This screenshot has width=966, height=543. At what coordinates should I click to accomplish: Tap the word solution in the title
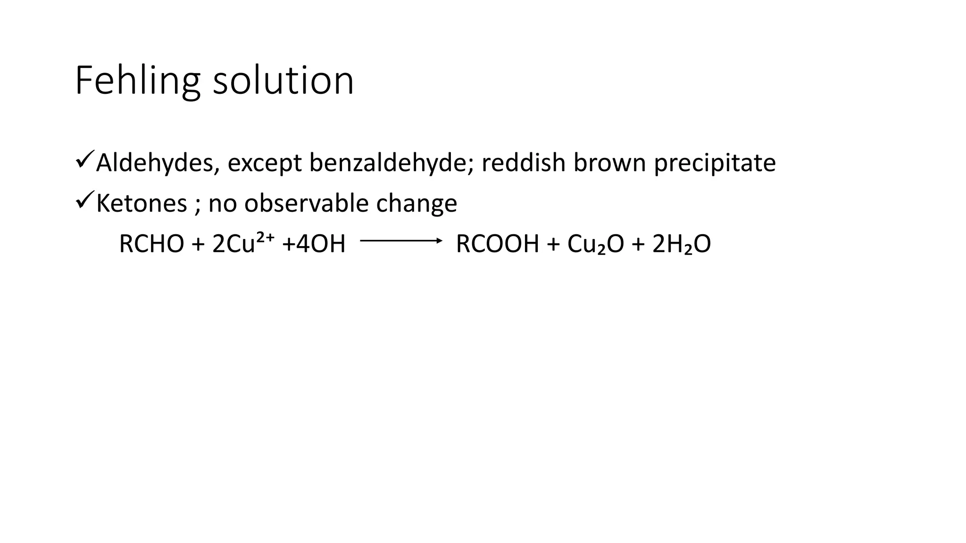[283, 81]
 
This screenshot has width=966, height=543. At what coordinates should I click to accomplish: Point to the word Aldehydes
[158, 163]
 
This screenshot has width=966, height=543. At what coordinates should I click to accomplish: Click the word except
[264, 164]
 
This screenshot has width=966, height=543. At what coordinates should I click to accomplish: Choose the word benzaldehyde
[391, 163]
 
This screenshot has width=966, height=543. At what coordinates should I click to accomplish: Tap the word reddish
[523, 163]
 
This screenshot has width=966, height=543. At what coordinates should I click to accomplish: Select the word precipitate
[715, 164]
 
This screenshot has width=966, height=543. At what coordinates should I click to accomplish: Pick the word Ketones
[142, 204]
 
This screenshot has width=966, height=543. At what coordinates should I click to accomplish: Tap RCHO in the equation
[151, 244]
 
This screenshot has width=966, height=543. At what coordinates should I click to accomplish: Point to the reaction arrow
[401, 241]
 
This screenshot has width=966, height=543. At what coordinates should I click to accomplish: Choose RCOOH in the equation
[497, 244]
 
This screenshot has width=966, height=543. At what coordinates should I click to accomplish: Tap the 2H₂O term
[682, 244]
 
